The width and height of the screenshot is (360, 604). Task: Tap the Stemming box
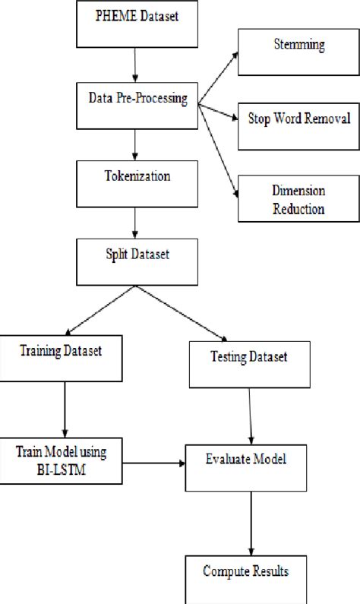(x=298, y=51)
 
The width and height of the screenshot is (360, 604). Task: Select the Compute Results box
(x=248, y=575)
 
